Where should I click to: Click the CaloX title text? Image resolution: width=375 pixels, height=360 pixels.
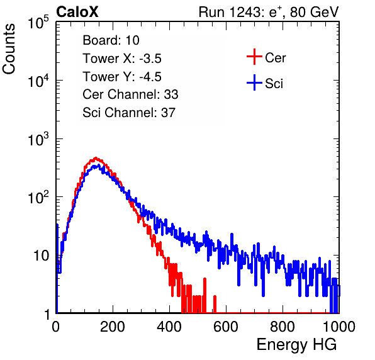77,12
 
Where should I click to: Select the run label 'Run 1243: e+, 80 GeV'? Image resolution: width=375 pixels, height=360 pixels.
269,12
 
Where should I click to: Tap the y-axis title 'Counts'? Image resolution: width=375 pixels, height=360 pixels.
9,49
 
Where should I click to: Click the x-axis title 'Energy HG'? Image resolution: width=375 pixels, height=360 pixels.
296,345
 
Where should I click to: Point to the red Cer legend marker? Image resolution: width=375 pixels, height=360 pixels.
254,57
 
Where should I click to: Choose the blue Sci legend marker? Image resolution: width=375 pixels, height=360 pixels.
254,83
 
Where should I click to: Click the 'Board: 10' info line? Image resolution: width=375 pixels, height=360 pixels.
111,40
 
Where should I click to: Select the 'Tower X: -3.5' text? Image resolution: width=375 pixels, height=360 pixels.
122,59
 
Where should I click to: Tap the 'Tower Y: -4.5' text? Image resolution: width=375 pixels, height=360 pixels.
122,77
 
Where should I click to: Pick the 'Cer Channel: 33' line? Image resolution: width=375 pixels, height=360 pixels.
130,94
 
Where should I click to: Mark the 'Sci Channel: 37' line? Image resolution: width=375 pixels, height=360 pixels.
129,113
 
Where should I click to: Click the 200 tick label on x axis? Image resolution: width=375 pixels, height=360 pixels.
113,327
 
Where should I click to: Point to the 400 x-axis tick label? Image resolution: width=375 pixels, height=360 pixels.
169,327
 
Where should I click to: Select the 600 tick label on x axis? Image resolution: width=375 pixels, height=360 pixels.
226,327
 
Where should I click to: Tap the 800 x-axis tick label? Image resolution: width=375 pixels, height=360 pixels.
283,327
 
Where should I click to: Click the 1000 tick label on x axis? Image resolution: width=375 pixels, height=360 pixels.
339,327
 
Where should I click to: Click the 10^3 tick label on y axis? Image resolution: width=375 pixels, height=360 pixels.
38,139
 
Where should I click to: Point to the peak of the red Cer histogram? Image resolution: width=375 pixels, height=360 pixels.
96,158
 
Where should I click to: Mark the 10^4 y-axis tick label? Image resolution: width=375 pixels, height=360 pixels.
38,81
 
